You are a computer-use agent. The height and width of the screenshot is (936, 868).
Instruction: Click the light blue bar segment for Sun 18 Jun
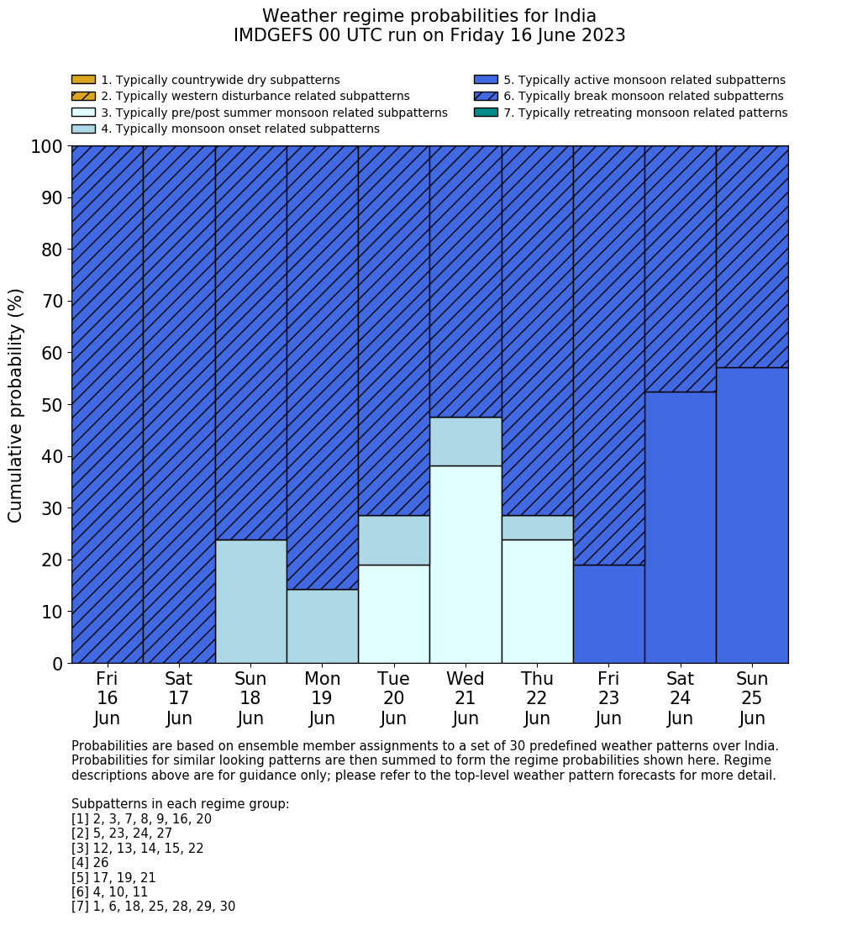coord(250,601)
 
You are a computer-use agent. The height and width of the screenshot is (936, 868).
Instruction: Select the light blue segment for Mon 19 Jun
coord(322,626)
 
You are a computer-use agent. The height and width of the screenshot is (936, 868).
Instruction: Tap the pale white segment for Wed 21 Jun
coord(466,564)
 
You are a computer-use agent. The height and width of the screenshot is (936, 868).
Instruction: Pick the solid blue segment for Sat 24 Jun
coord(680,527)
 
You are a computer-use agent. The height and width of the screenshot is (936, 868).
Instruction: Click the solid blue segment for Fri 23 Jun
coord(608,613)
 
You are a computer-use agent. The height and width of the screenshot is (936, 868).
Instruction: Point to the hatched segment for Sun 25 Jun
coord(752,256)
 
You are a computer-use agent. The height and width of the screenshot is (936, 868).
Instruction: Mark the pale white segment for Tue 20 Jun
coord(393,613)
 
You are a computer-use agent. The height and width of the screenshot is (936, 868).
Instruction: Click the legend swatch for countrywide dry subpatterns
coord(83,80)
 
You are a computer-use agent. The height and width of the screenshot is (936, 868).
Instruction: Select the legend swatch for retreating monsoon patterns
coord(486,113)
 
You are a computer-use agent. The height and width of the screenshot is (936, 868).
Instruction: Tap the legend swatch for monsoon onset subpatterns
coord(83,129)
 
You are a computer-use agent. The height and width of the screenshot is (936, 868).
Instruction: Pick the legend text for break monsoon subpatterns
coord(643,97)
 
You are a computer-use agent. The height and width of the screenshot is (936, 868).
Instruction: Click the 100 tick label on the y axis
coord(46,147)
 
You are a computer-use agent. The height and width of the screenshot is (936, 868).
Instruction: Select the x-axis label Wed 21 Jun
coord(466,698)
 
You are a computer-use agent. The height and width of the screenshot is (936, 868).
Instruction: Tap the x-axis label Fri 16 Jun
coord(107,698)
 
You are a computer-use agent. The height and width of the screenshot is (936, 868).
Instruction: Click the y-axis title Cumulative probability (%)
coord(16,405)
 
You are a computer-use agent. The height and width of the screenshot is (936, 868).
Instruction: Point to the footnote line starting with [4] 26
coord(90,863)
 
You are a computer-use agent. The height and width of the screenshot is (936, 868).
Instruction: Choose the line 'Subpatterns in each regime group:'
coord(180,804)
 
